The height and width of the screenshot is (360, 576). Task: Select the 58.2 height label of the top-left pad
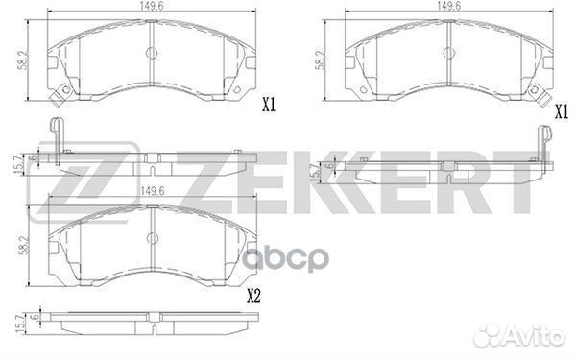click(23, 60)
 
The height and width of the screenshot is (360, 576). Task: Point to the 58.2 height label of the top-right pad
click(321, 60)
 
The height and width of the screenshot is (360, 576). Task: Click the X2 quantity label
click(253, 296)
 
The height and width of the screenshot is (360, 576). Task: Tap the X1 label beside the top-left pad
click(269, 106)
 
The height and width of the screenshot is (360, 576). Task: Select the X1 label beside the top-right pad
click(561, 111)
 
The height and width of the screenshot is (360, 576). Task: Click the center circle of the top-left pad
click(152, 53)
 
